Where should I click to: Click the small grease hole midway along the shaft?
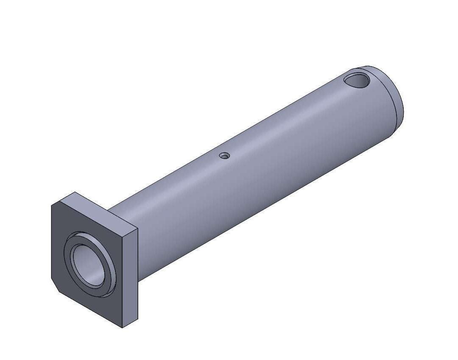(x=224, y=156)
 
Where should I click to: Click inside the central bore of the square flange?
(x=87, y=265)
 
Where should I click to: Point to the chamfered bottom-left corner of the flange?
(x=55, y=285)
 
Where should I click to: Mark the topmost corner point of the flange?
(x=76, y=192)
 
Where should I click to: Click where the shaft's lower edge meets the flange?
(x=138, y=279)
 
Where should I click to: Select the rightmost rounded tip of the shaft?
(x=403, y=111)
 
